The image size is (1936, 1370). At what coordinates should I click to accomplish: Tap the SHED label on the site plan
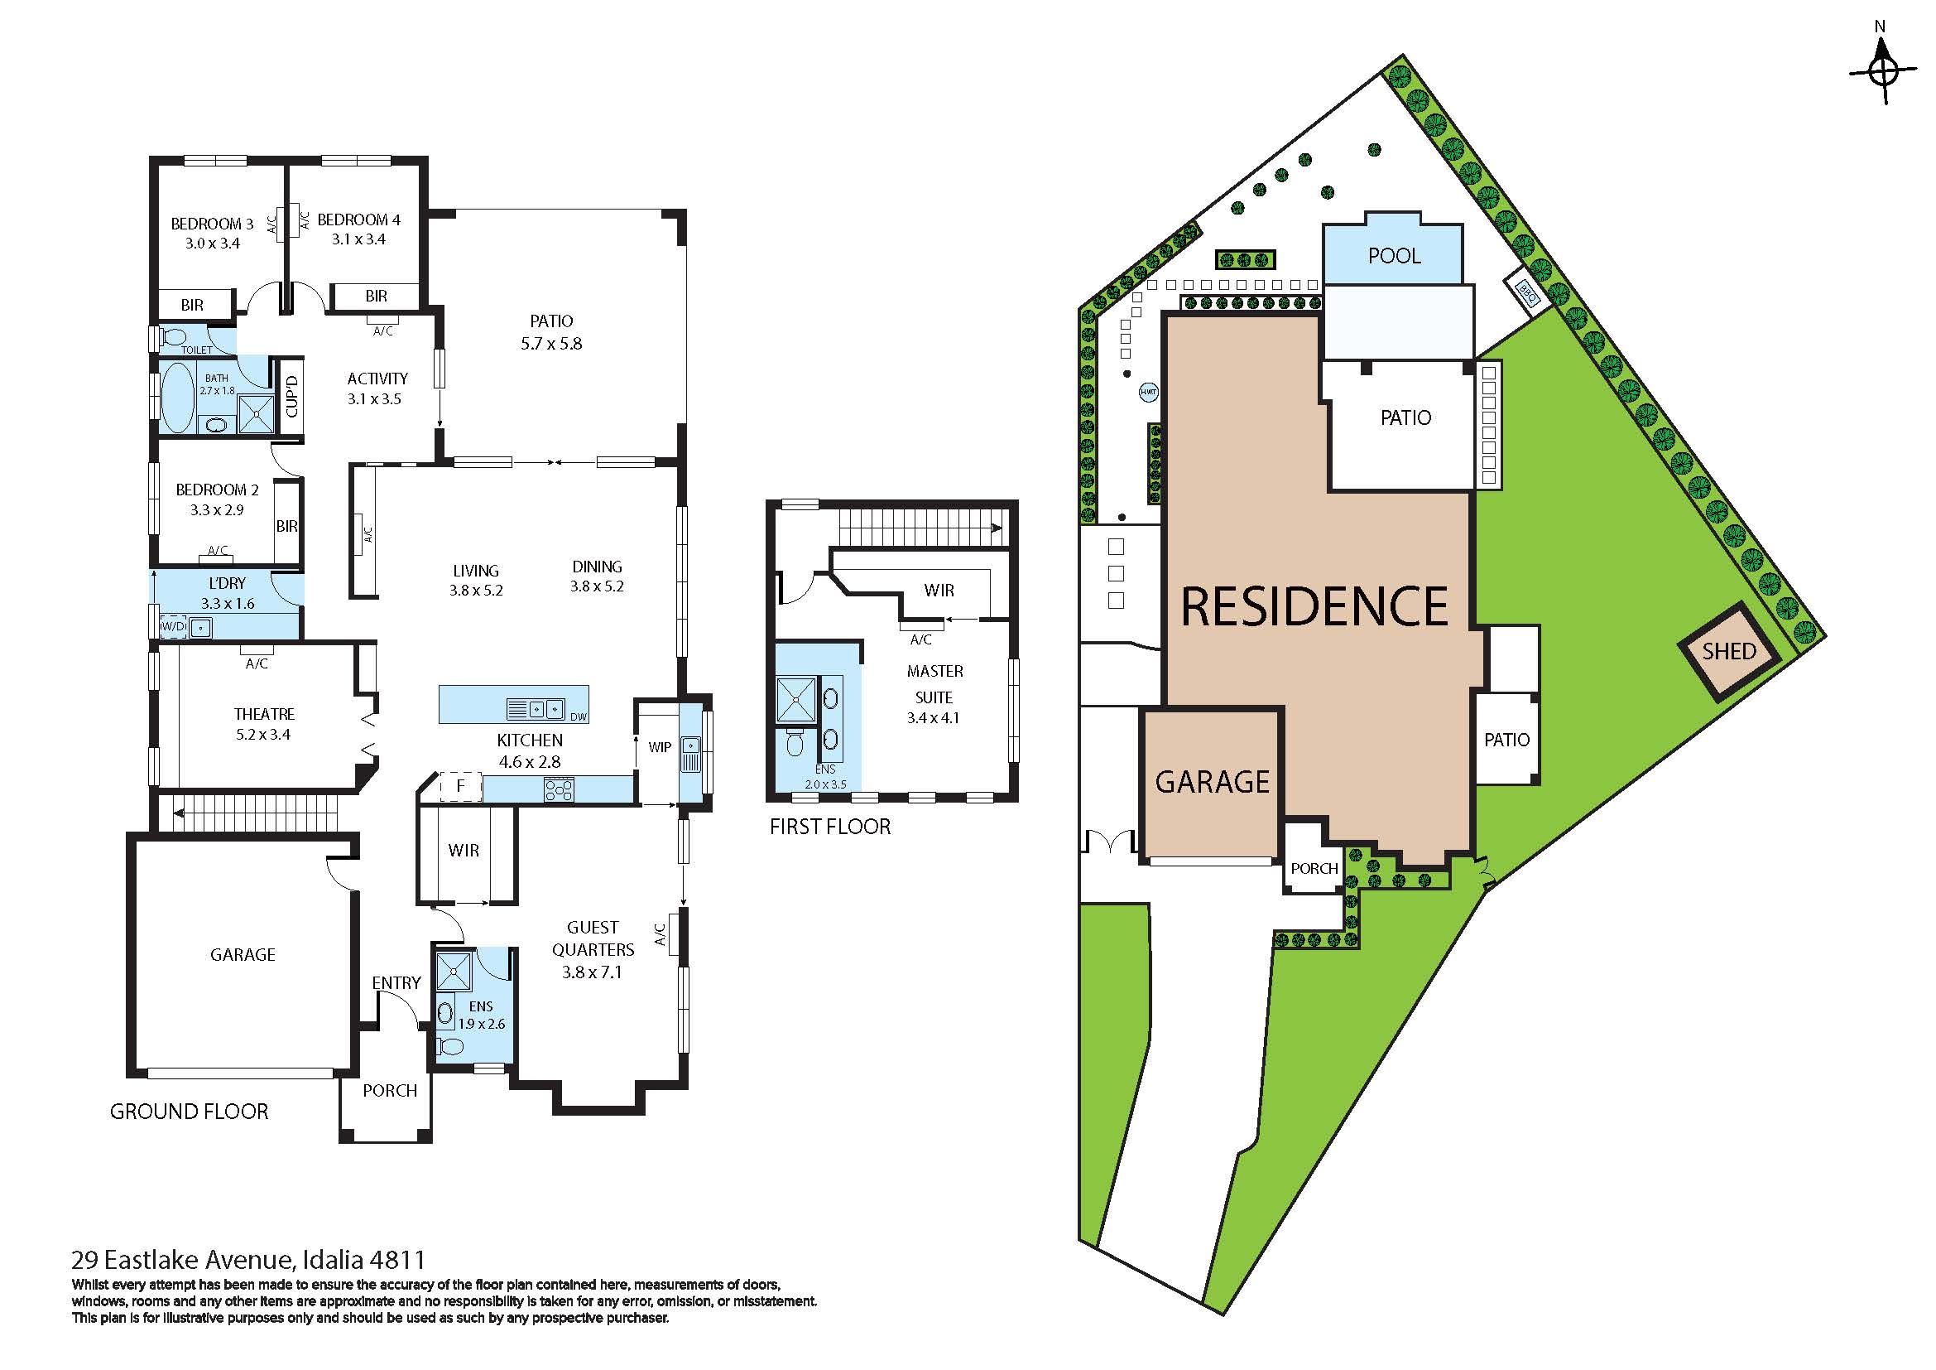[x=1728, y=651]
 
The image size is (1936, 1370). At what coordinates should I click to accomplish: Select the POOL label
[x=1394, y=256]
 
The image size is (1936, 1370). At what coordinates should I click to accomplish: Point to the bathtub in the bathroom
[x=178, y=398]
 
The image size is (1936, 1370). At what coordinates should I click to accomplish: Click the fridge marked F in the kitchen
[x=460, y=786]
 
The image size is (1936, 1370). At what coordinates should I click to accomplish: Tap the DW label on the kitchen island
[x=579, y=717]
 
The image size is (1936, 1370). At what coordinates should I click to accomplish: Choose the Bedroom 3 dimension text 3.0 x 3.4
[x=213, y=244]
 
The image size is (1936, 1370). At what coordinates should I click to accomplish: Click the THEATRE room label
[x=264, y=714]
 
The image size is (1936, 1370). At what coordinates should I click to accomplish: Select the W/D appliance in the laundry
[x=174, y=627]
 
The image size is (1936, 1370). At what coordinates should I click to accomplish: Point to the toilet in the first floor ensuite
[x=795, y=742]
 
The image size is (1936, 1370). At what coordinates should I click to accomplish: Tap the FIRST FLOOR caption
[x=829, y=827]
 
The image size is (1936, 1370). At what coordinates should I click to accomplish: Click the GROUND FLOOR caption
[x=189, y=1111]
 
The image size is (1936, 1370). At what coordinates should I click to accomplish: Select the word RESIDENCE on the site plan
[x=1314, y=606]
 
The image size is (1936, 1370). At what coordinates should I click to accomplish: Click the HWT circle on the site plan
[x=1149, y=392]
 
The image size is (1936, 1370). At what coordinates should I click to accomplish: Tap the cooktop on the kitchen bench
[x=559, y=789]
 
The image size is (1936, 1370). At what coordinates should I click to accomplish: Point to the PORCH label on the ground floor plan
[x=390, y=1090]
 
